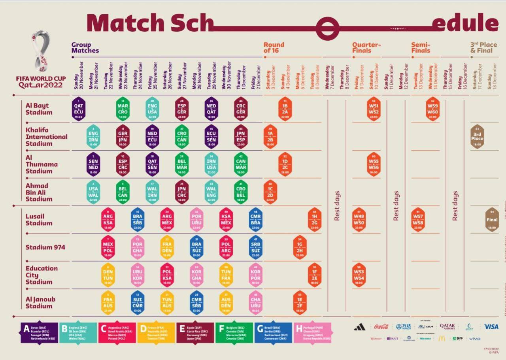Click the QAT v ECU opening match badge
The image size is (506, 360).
point(79,109)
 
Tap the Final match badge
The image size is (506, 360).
point(492,220)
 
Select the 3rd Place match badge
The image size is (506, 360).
point(477,137)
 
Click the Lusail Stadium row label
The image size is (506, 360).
point(39,220)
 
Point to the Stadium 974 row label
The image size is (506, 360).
point(45,247)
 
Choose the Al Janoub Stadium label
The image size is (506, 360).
point(40,303)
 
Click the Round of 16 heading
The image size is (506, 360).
point(274,47)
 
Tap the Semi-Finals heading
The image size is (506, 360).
point(421,47)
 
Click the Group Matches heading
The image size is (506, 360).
point(85,47)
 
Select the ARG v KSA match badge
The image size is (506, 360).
point(108,220)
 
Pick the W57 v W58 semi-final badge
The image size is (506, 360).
point(418,220)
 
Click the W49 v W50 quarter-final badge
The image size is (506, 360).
point(359,220)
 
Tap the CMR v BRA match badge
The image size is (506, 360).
point(256,220)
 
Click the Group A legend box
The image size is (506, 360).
point(39,333)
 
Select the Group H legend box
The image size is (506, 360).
point(312,333)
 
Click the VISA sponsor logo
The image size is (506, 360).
point(491,327)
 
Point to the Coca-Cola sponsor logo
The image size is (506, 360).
point(381,327)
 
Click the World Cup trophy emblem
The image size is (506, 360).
point(41,51)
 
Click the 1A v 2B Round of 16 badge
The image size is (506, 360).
point(270,137)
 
